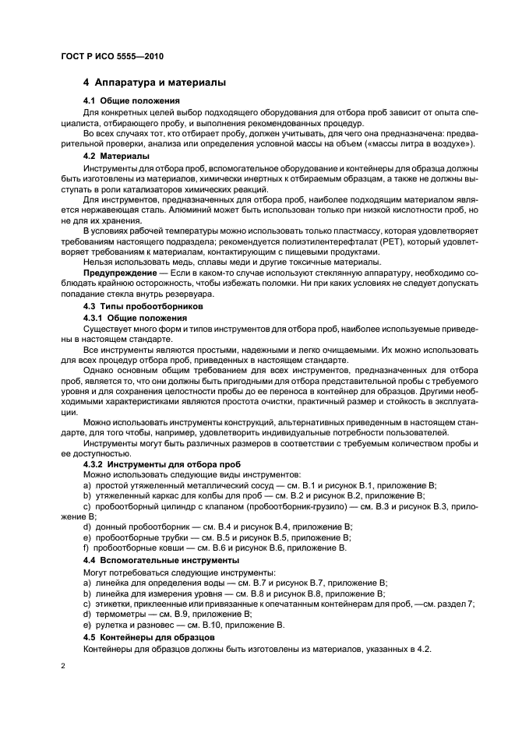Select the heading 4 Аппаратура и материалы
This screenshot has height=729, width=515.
click(154, 82)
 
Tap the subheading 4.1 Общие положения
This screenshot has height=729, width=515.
click(131, 100)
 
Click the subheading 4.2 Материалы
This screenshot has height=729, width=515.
click(116, 156)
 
